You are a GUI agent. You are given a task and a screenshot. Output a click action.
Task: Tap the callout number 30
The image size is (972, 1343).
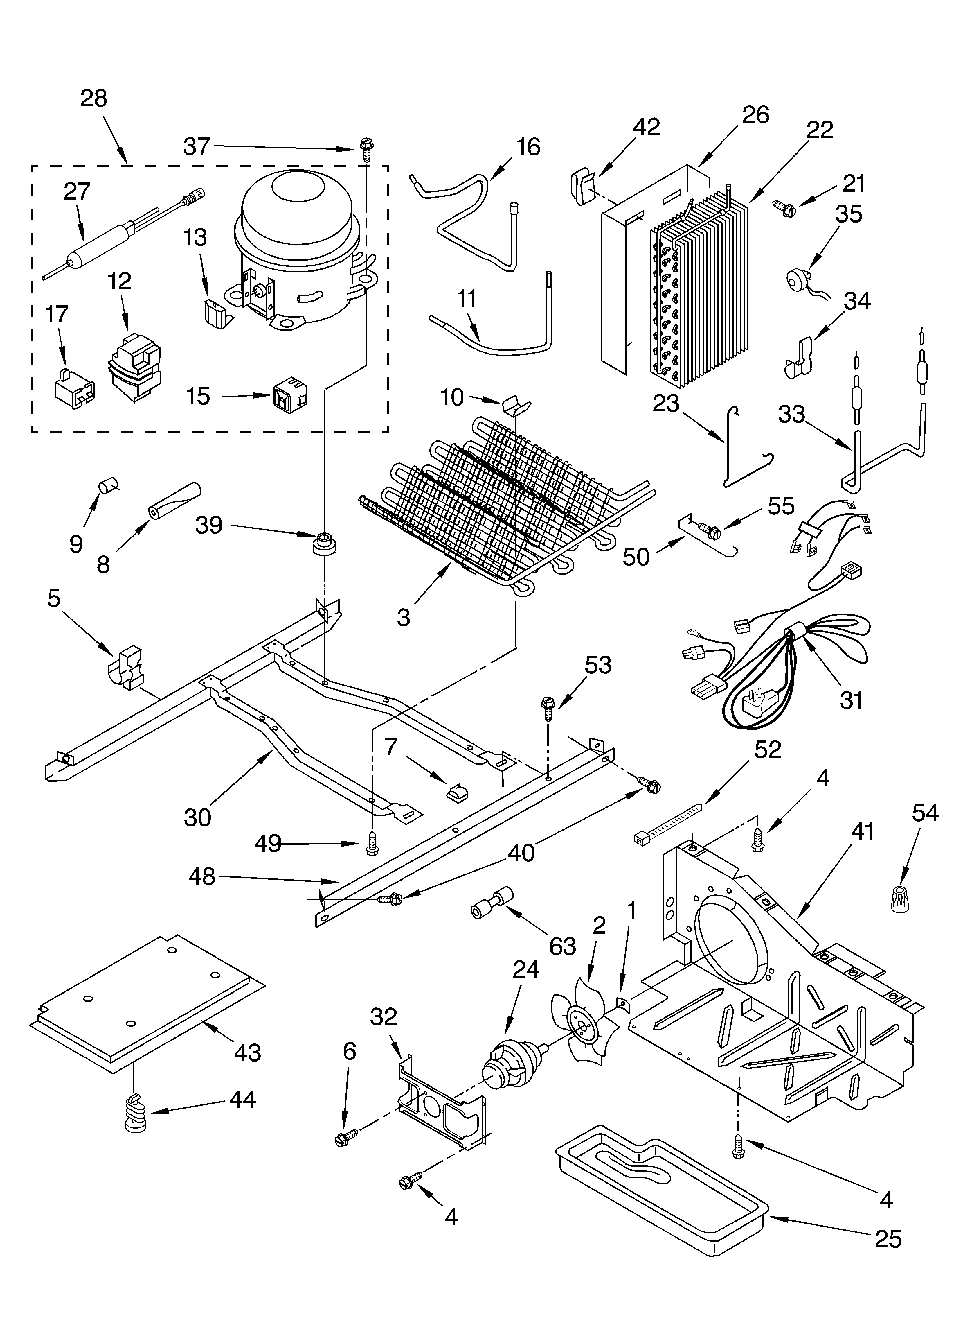click(197, 817)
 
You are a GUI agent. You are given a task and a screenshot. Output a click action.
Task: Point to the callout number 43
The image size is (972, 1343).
click(247, 1052)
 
